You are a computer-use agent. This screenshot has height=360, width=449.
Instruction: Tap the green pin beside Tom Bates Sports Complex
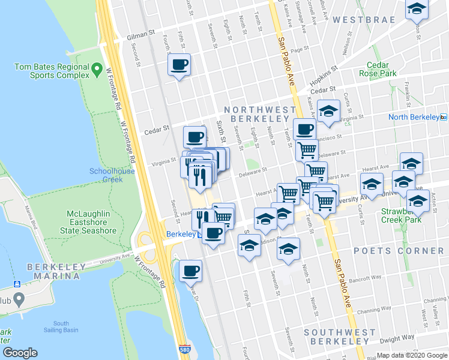click(x=96, y=72)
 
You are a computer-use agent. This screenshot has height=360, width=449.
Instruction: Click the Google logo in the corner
click(x=20, y=353)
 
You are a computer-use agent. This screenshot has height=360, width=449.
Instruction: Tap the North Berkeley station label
click(x=414, y=117)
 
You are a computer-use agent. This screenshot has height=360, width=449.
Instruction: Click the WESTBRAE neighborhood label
click(x=364, y=20)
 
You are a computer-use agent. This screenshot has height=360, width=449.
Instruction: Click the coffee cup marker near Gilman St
click(x=179, y=65)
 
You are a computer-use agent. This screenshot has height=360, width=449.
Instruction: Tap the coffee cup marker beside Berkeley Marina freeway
click(x=191, y=271)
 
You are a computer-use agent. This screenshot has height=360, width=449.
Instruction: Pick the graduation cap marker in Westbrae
click(x=416, y=10)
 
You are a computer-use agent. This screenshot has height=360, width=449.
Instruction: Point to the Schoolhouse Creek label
click(x=112, y=175)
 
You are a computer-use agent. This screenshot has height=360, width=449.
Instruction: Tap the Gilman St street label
click(x=141, y=37)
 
